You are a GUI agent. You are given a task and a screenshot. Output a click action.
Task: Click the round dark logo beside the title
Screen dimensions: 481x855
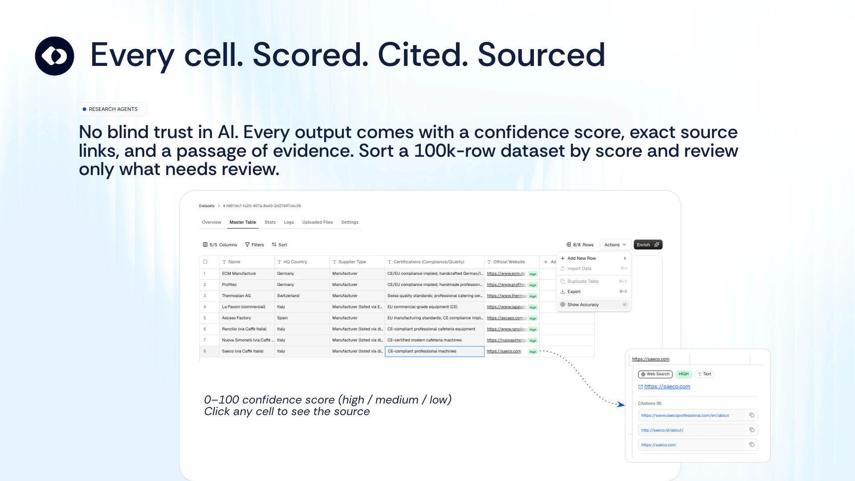pos(54,56)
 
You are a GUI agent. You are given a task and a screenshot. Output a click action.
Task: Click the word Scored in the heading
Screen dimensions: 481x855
pos(310,55)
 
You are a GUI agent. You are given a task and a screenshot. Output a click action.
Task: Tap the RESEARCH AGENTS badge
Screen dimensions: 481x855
pos(113,109)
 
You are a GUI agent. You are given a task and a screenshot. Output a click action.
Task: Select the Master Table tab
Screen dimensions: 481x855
pos(243,222)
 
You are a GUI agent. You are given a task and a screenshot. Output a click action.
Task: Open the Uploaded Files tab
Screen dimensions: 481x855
pos(317,222)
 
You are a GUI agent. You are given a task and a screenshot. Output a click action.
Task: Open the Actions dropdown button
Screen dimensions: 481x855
pos(615,245)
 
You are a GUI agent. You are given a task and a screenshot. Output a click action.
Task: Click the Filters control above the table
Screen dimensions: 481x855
pos(255,245)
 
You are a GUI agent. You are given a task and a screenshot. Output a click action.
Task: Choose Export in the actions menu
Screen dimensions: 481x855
pos(574,292)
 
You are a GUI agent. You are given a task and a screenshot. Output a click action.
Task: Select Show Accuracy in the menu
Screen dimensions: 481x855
pos(583,305)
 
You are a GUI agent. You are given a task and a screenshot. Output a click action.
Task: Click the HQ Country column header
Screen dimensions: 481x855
pos(295,262)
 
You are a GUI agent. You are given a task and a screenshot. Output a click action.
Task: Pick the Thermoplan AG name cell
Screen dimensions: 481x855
pos(236,296)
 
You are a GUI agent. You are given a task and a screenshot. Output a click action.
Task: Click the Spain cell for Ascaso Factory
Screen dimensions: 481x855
pos(282,318)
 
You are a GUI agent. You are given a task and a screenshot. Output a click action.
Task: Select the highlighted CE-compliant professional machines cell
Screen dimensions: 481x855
pos(434,351)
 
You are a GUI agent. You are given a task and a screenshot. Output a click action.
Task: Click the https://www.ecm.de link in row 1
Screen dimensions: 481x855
pos(506,273)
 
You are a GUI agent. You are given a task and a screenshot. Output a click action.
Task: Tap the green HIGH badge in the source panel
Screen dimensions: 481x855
pos(684,374)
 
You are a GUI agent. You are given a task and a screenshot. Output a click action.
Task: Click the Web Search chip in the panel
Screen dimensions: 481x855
pos(655,374)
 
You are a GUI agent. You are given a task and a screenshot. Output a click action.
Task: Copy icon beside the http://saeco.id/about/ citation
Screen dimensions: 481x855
pos(752,430)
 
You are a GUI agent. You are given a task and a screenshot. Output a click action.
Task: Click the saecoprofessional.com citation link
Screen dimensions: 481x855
pos(685,416)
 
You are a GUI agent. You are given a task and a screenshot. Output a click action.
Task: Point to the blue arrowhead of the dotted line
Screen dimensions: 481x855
pos(621,404)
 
